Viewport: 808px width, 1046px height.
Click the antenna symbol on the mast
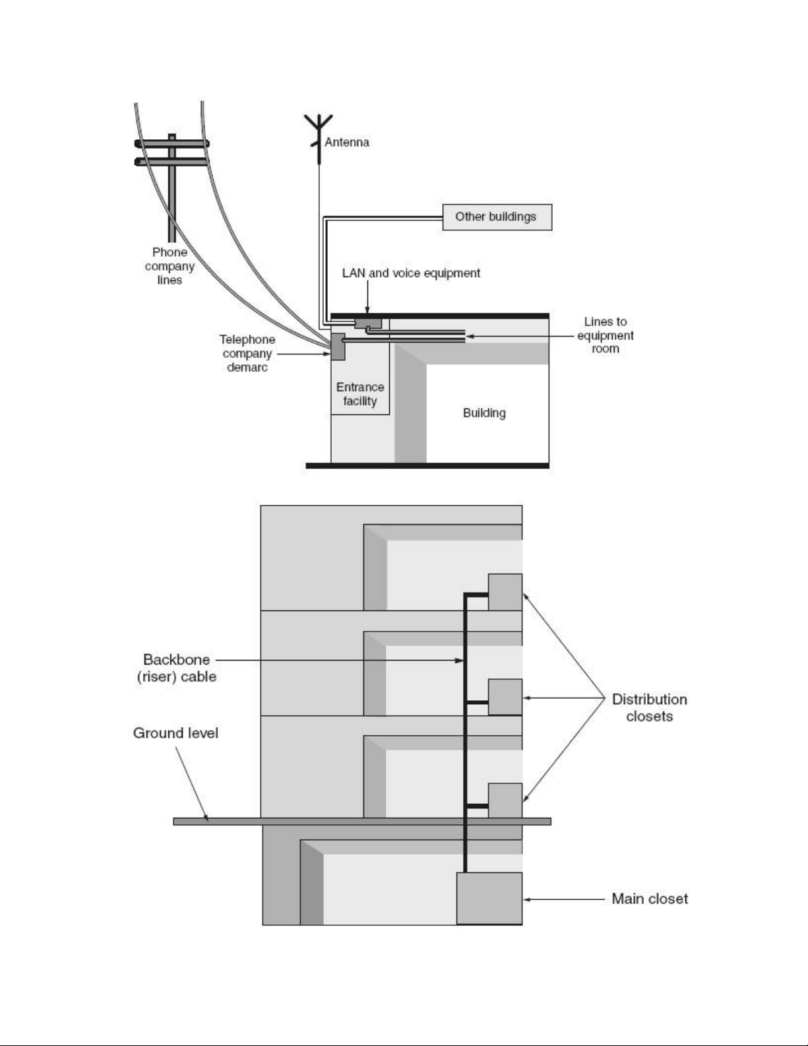click(x=319, y=129)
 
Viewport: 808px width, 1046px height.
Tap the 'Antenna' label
click(x=346, y=143)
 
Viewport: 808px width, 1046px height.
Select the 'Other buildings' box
click(x=496, y=217)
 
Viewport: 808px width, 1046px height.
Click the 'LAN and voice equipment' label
click(x=411, y=273)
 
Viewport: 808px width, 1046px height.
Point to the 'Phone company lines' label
click(x=170, y=266)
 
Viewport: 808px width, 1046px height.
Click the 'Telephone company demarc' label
click(x=247, y=353)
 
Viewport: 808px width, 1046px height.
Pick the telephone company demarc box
click(x=338, y=346)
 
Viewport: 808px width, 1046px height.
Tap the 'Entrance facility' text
click(x=360, y=394)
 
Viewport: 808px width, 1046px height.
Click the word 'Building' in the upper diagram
click(x=484, y=413)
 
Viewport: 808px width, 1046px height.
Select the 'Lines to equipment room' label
click(x=605, y=335)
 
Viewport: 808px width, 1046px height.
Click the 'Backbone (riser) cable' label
click(x=176, y=668)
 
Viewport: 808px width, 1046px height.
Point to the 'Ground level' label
click(x=175, y=733)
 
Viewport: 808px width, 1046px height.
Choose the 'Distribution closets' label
click(x=649, y=707)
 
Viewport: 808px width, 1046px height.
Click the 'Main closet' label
click(x=650, y=899)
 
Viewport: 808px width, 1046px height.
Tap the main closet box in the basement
click(x=489, y=898)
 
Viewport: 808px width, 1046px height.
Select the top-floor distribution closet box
click(x=505, y=592)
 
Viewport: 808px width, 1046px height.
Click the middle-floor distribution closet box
click(x=505, y=697)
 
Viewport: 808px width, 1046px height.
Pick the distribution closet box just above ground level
click(x=505, y=801)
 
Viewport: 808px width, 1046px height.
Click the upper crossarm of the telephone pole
click(x=172, y=143)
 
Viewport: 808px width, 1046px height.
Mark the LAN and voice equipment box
click(x=368, y=323)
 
